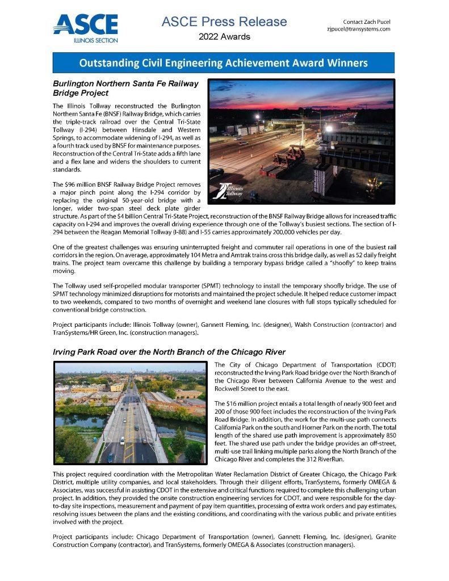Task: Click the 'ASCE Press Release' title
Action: pyautogui.click(x=224, y=22)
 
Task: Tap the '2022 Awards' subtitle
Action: pyautogui.click(x=224, y=37)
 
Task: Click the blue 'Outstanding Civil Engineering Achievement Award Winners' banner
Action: pyautogui.click(x=224, y=62)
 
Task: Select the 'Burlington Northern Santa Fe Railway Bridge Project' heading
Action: pyautogui.click(x=125, y=87)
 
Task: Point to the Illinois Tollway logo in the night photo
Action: pyautogui.click(x=226, y=190)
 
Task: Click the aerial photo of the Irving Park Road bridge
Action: pyautogui.click(x=129, y=412)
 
